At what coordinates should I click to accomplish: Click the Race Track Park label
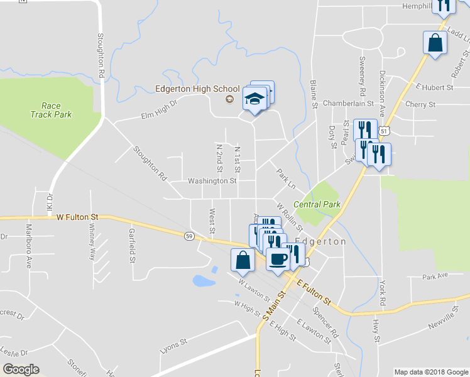point(52,110)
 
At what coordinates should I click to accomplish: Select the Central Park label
point(317,204)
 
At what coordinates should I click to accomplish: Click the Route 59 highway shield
point(189,236)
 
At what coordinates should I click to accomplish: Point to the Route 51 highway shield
point(383,130)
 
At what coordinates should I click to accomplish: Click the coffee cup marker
point(278,258)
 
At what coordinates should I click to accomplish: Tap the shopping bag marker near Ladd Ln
point(435,43)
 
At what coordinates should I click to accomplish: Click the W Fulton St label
point(78,217)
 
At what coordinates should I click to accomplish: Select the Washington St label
point(212,181)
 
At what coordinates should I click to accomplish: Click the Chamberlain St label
point(348,102)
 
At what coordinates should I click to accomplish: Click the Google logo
point(21,369)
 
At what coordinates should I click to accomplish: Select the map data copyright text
point(431,372)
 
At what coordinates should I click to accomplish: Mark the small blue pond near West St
point(204,280)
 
